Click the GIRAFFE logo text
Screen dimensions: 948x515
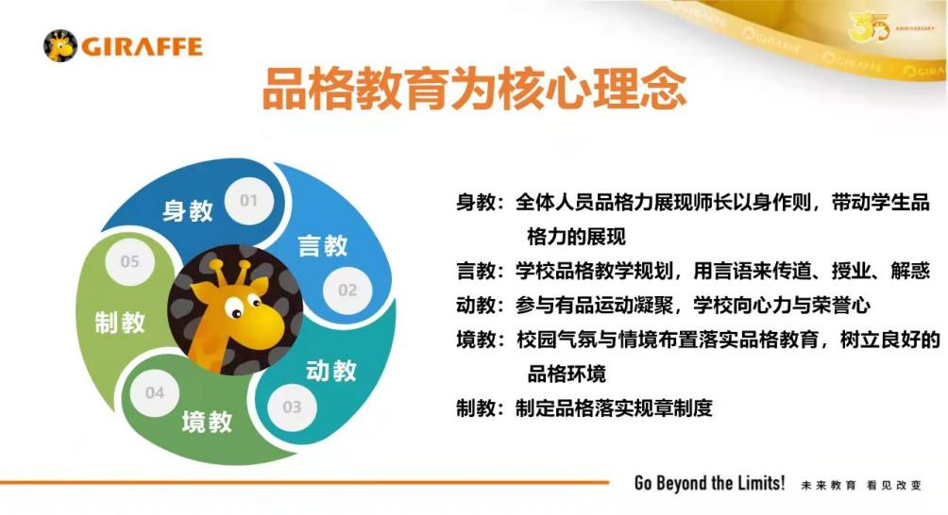click(x=142, y=46)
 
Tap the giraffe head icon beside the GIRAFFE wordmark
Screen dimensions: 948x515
click(x=60, y=46)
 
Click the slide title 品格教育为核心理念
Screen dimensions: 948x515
click(x=475, y=89)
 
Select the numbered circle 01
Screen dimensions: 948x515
click(x=248, y=201)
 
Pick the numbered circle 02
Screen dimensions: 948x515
click(x=347, y=291)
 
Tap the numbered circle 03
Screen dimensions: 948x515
click(x=292, y=407)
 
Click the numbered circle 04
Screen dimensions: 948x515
click(x=155, y=393)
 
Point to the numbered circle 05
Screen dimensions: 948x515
click(x=130, y=261)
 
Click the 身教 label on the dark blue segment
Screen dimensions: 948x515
click(x=187, y=211)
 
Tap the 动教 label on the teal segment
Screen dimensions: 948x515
click(x=330, y=370)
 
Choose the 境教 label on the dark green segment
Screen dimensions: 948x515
click(x=207, y=422)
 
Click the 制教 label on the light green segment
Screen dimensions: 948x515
click(x=120, y=322)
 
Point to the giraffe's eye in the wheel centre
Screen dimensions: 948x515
click(x=234, y=310)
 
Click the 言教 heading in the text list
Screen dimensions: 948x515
click(x=476, y=271)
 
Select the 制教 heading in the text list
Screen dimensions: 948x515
click(x=476, y=408)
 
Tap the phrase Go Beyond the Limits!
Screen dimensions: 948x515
click(x=710, y=484)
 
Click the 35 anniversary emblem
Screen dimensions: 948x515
click(x=870, y=27)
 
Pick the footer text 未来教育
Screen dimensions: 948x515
click(x=829, y=486)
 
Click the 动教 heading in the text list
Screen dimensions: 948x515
click(x=476, y=306)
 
